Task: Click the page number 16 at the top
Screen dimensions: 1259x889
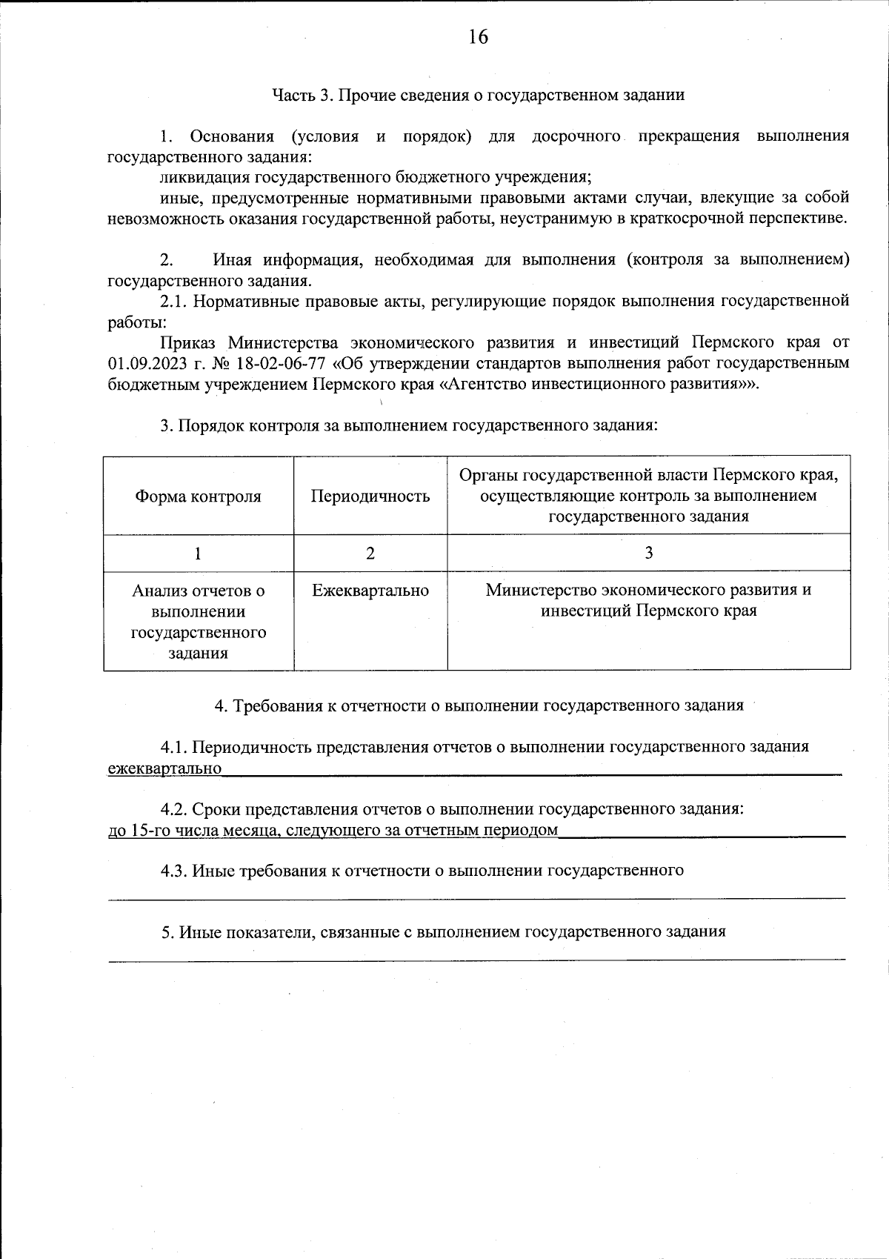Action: pos(478,37)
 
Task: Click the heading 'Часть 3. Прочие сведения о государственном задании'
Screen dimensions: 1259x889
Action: pos(478,95)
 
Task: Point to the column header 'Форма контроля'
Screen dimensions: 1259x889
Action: pos(198,496)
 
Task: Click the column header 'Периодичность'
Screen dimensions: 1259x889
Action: pos(370,496)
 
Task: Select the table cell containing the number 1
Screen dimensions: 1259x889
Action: pos(198,553)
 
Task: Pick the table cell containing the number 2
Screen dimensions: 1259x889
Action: pos(370,553)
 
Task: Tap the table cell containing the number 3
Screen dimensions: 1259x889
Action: pos(648,553)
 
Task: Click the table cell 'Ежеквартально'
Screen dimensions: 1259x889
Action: pos(370,591)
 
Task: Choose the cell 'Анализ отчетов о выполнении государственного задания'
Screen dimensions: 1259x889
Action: pos(198,622)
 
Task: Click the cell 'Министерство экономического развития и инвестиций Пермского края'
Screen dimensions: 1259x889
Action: pos(648,601)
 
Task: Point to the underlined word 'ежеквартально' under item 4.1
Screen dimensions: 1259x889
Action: pos(164,768)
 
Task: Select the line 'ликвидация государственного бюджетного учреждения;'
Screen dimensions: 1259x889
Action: pos(375,177)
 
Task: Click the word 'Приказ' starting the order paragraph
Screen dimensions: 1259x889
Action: pos(187,343)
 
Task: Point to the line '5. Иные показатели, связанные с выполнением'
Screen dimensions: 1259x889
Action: pos(443,932)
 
